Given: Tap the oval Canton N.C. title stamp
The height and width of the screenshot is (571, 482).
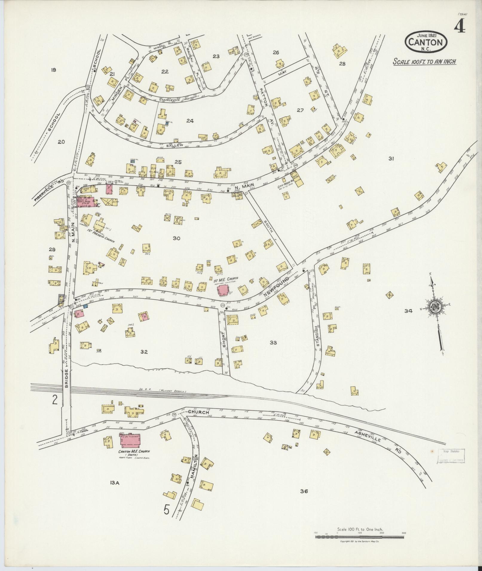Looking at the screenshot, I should [x=426, y=42].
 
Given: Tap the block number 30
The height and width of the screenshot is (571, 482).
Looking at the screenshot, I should [x=176, y=238].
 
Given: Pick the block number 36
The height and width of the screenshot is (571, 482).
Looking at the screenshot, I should [x=304, y=491].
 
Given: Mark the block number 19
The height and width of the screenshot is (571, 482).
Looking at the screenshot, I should [x=53, y=70].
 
